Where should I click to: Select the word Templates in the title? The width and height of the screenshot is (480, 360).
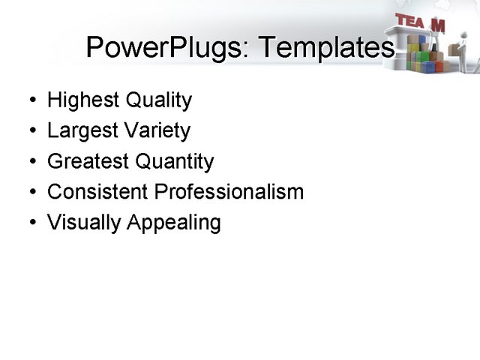[x=326, y=48]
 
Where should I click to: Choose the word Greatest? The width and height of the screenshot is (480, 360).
[x=88, y=161]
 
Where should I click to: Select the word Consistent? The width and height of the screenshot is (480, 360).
[x=97, y=192]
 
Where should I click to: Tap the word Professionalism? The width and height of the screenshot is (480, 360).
[x=229, y=192]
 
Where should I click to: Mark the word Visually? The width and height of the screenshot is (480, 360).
[x=84, y=223]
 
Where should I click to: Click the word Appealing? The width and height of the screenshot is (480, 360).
[x=174, y=223]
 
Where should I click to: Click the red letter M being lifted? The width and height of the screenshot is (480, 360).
[x=438, y=25]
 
